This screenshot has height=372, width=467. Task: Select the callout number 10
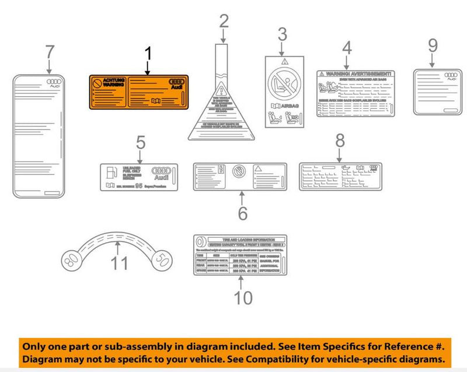[x=243, y=297]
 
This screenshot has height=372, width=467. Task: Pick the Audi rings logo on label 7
[x=54, y=82]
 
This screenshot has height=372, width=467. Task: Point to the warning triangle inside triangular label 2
[x=221, y=90]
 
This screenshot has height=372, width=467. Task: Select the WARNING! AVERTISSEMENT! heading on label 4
[x=356, y=75]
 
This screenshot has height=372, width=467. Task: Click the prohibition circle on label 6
[x=239, y=171]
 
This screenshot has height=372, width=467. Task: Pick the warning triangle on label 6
[x=259, y=169]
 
